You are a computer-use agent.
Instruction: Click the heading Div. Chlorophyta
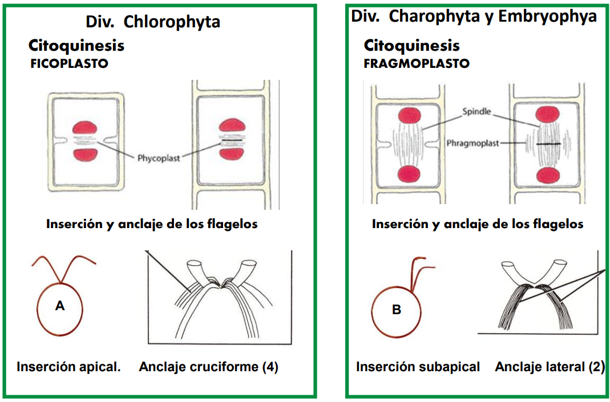[152, 22]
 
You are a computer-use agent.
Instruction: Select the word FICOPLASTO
[69, 64]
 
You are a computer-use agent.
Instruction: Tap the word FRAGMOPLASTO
[417, 63]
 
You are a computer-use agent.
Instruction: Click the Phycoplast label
[158, 157]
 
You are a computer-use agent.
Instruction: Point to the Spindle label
[477, 112]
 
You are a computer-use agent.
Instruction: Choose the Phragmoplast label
[472, 144]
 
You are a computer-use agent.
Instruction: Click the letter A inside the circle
[59, 306]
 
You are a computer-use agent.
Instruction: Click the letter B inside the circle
[397, 310]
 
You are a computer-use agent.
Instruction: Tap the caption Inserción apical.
[68, 367]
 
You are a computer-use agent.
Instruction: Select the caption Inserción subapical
[418, 367]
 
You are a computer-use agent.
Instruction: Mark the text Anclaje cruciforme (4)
[208, 367]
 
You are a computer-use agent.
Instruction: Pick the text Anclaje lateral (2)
[550, 367]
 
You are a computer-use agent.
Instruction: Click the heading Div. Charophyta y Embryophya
[474, 16]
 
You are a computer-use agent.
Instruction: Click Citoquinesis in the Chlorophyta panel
[76, 45]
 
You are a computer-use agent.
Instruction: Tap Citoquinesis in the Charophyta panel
[411, 45]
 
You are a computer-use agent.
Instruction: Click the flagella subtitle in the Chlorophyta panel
[152, 224]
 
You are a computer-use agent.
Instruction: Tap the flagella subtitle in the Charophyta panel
[478, 224]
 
